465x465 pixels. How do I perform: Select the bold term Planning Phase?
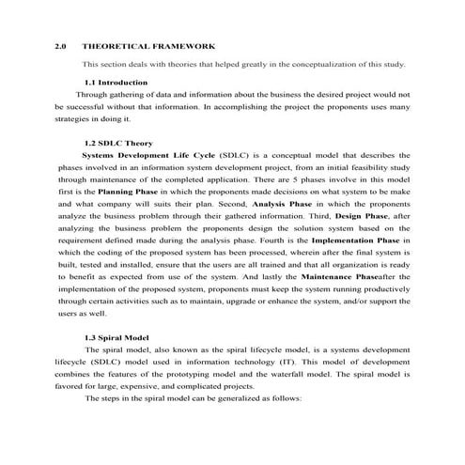click(130, 191)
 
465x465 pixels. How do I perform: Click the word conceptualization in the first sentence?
click(316, 65)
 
